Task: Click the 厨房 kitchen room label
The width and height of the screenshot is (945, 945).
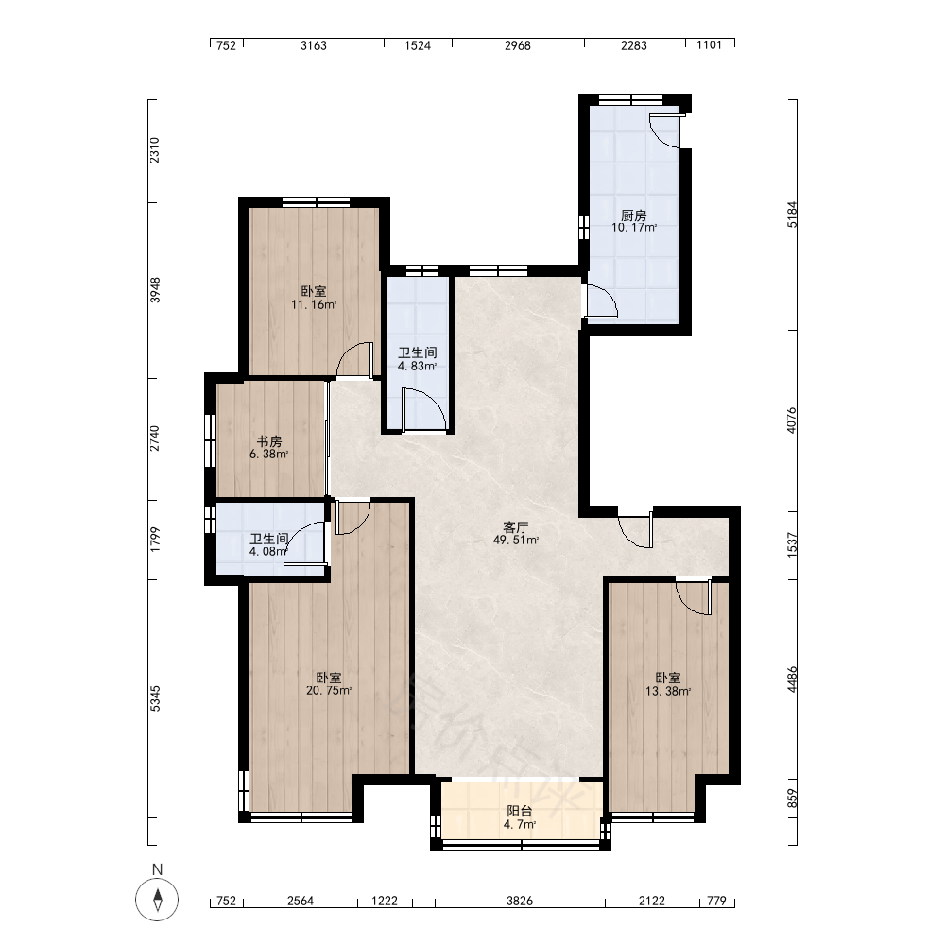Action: (633, 215)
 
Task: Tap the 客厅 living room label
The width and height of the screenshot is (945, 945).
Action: (515, 527)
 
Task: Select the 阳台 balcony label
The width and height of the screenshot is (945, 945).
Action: (519, 811)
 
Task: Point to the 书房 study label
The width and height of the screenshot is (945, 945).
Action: (268, 441)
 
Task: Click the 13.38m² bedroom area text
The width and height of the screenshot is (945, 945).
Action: (668, 692)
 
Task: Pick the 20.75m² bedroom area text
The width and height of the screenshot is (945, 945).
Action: (329, 691)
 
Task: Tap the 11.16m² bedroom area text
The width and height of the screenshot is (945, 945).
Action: (314, 304)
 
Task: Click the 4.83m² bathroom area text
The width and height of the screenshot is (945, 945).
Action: (417, 366)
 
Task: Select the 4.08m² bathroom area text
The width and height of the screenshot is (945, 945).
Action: (268, 551)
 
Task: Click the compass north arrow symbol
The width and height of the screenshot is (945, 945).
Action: (157, 900)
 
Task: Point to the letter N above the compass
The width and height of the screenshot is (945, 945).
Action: (157, 869)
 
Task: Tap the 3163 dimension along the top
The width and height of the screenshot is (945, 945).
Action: (314, 45)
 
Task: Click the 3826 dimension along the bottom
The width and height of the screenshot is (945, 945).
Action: (520, 901)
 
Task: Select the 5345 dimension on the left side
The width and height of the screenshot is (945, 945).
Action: (156, 698)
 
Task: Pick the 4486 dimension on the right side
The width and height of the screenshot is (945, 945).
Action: (792, 679)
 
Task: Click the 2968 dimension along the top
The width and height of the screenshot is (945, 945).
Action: (518, 45)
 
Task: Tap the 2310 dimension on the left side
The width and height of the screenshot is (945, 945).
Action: (155, 150)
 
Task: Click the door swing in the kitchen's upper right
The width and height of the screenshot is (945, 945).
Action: (664, 130)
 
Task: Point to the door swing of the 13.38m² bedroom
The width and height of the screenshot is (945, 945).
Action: (694, 597)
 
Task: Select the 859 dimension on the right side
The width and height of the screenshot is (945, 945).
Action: (792, 799)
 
